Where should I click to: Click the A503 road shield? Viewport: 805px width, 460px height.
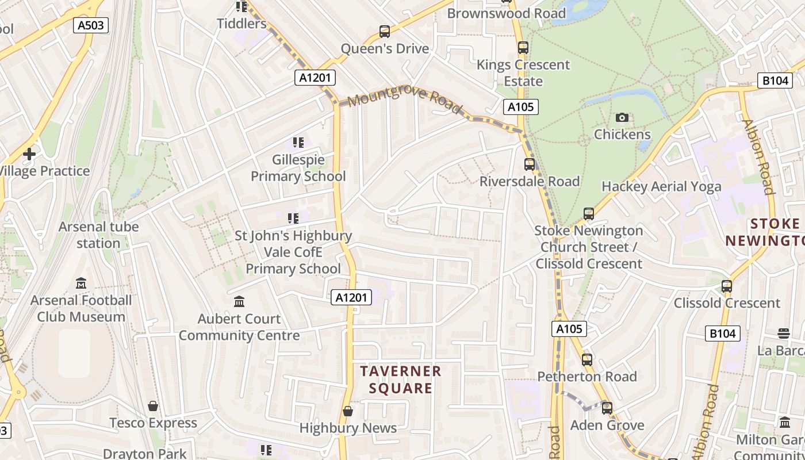coord(91,25)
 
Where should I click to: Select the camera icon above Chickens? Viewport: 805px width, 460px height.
coord(622,118)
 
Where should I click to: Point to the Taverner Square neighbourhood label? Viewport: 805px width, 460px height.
coord(401,379)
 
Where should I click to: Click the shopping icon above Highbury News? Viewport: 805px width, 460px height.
coord(347,411)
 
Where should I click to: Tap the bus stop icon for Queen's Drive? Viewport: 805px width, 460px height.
coord(385,32)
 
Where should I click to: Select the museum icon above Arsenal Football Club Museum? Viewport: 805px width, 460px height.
coord(81,283)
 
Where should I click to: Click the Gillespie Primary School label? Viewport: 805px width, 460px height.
coord(298,168)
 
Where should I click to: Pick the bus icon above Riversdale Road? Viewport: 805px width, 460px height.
coord(530,164)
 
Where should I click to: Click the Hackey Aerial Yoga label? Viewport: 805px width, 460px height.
coord(661,186)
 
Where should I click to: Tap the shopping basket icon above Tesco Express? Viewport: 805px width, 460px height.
coord(153,407)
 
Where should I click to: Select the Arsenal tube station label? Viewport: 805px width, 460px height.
coord(98,235)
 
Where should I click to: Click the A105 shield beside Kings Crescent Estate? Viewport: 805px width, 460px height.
coord(520,106)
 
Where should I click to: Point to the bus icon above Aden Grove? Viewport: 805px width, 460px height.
coord(607,408)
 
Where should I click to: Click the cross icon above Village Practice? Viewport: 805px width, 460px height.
coord(29,154)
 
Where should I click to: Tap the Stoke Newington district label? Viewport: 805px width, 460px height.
coord(765,232)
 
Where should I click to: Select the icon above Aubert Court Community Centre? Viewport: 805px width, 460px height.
coord(239,302)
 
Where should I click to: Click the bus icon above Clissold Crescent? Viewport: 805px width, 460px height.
coord(727,286)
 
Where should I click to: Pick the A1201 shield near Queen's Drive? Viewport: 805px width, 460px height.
coord(315,78)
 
